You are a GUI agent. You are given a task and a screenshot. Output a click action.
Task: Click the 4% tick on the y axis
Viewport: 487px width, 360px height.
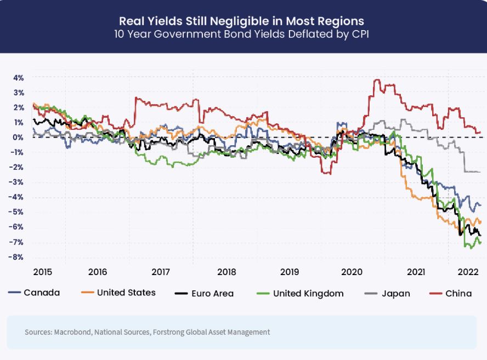coord(19,77)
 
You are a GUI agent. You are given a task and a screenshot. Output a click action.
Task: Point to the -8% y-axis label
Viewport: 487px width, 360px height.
coord(18,257)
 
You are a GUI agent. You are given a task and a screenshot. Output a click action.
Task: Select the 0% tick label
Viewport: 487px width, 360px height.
coord(19,137)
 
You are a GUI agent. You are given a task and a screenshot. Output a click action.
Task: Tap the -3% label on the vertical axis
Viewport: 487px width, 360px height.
coord(18,182)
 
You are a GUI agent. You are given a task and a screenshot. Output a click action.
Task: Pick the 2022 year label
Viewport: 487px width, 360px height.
coord(469,272)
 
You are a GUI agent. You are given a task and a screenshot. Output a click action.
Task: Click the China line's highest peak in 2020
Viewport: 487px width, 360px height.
coord(376,80)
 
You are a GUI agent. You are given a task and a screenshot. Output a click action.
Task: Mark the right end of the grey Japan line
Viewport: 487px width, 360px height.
coord(480,172)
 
